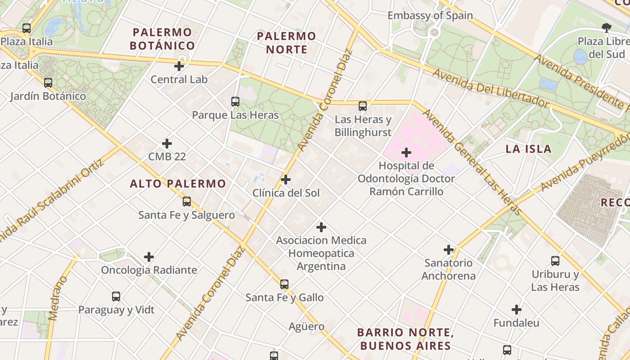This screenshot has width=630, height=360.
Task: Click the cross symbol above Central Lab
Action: click(179, 66)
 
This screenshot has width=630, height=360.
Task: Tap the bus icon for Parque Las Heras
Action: click(235, 102)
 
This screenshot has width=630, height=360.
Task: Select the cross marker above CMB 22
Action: click(167, 144)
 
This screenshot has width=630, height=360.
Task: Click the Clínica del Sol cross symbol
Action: click(286, 180)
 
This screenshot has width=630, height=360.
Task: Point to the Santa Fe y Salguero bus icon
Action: click(187, 202)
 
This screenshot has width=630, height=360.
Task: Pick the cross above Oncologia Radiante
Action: click(149, 257)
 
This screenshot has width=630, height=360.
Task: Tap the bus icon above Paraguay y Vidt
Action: click(116, 297)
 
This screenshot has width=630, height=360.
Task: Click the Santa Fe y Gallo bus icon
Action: click(284, 284)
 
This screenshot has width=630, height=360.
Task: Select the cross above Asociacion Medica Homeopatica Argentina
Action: click(321, 227)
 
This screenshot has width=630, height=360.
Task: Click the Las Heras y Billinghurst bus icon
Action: click(363, 106)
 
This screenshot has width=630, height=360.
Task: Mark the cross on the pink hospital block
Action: click(406, 153)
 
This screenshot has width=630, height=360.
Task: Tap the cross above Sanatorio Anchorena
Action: click(449, 250)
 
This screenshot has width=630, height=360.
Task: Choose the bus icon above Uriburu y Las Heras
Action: click(555, 261)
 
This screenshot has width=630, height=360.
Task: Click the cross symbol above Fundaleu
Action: click(517, 310)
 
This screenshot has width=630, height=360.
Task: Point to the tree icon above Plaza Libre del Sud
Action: click(607, 28)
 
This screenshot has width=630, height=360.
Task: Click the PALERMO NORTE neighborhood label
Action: click(286, 42)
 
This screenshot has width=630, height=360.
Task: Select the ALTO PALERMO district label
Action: click(178, 184)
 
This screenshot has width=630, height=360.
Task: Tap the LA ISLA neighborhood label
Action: click(528, 149)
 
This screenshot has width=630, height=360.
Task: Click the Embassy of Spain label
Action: click(430, 16)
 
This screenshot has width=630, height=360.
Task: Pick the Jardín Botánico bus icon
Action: click(48, 83)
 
